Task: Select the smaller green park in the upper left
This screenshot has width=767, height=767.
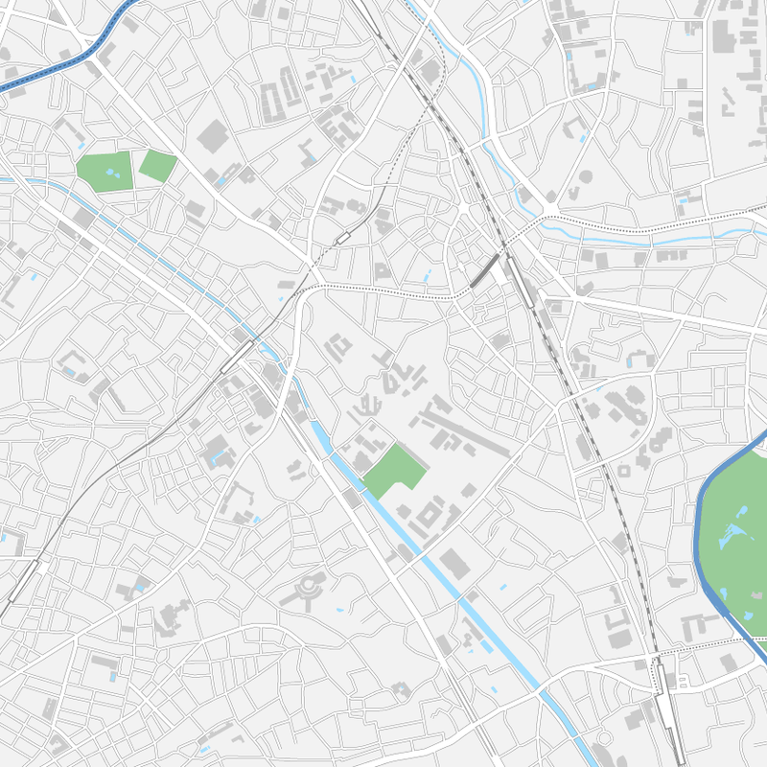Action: coord(156,166)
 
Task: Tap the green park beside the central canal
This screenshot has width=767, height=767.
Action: coord(393,470)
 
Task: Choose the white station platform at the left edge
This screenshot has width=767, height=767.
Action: coord(23,580)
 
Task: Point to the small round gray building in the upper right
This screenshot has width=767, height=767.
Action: coord(583,177)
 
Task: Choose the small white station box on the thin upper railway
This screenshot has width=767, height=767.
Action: coord(342,237)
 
